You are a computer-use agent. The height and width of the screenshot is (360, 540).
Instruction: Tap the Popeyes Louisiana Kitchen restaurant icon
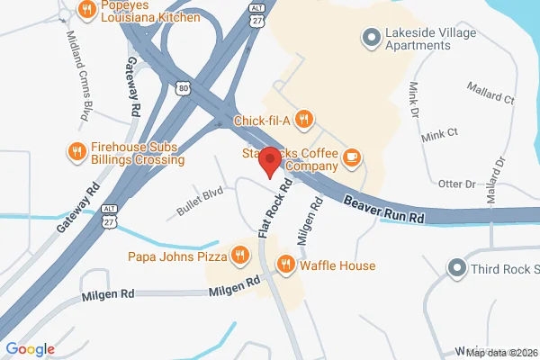[x=87, y=10]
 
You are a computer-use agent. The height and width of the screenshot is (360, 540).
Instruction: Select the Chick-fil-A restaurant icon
[x=306, y=117]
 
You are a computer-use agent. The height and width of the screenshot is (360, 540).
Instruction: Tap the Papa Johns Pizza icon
[x=239, y=256]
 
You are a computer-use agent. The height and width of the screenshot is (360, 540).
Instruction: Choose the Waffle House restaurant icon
[x=285, y=265]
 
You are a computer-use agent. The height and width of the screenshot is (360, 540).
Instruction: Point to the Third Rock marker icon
[x=458, y=267]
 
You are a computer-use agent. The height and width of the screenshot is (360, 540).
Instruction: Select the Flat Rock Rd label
[x=274, y=208]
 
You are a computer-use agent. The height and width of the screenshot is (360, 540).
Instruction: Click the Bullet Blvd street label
[x=200, y=206]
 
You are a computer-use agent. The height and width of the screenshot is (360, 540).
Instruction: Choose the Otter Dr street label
[x=456, y=184]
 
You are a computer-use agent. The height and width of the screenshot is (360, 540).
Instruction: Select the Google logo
[x=31, y=349]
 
